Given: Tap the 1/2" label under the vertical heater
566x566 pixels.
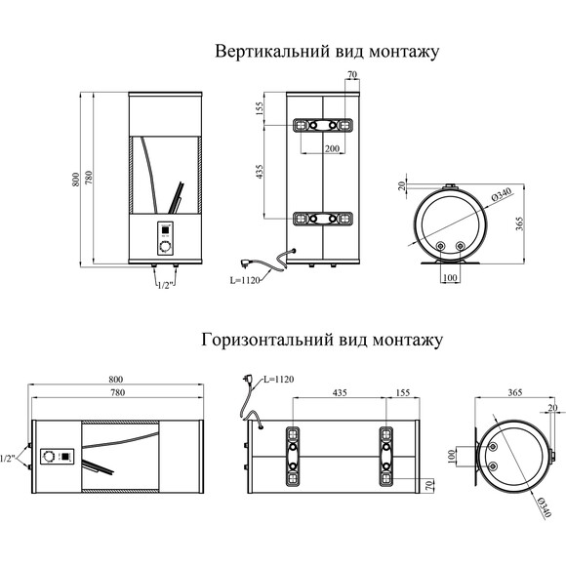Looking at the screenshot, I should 163,286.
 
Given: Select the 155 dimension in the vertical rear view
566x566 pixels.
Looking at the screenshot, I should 262,109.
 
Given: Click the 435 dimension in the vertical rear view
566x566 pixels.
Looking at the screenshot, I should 262,172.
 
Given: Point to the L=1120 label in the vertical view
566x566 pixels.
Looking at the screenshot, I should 246,280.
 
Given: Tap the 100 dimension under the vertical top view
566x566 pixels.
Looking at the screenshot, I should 451,278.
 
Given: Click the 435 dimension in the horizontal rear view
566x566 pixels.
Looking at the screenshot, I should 339,392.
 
